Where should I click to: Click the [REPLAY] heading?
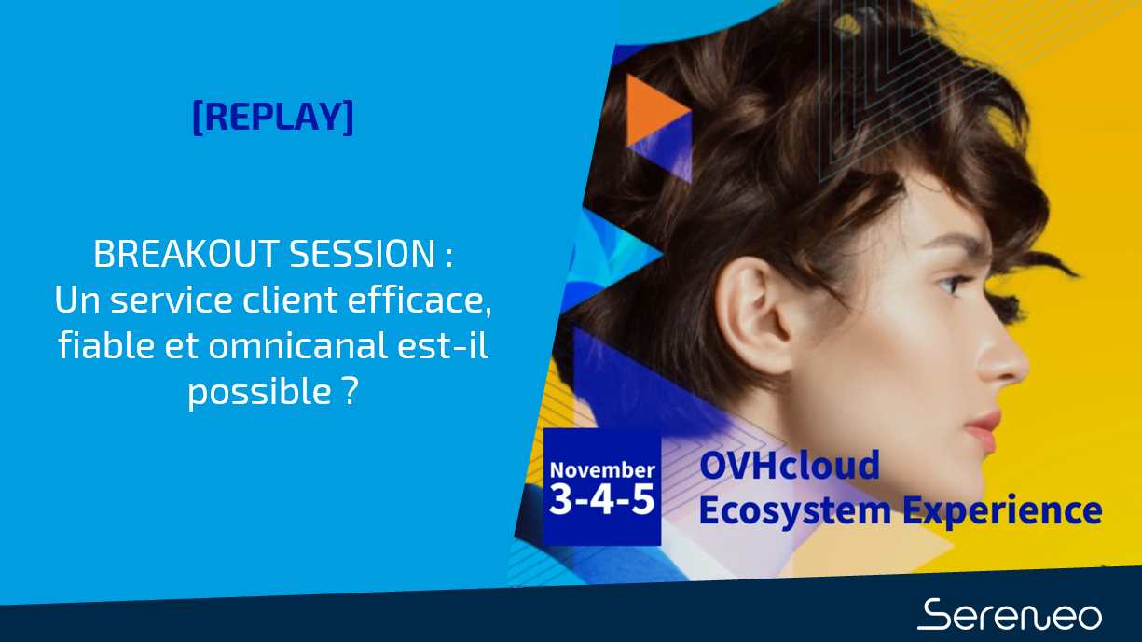click(273, 118)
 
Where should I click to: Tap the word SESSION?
click(363, 254)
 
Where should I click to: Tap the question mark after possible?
click(351, 391)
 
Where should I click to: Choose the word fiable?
click(106, 345)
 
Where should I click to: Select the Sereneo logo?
click(1010, 615)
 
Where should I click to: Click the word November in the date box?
click(602, 470)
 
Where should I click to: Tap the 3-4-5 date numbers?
click(602, 499)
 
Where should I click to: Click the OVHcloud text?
click(790, 466)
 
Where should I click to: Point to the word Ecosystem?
click(795, 511)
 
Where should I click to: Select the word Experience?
click(1002, 511)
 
